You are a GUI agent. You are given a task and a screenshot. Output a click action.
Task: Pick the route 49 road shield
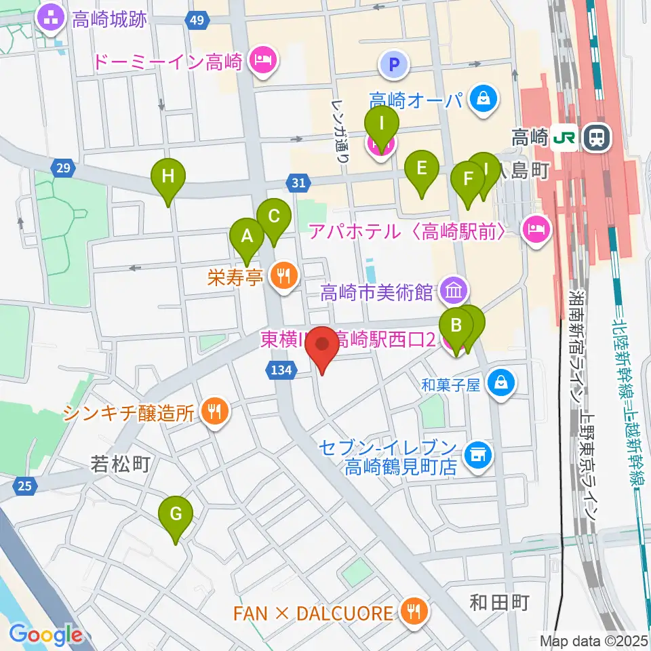click(197, 20)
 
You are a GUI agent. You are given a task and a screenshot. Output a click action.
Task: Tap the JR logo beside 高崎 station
click(565, 138)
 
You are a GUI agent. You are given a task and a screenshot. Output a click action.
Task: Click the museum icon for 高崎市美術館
click(453, 292)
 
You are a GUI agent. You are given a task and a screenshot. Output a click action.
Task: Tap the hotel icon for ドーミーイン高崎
click(261, 62)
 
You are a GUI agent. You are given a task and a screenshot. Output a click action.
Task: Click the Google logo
click(45, 635)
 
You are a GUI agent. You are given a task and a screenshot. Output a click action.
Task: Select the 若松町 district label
click(119, 465)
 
